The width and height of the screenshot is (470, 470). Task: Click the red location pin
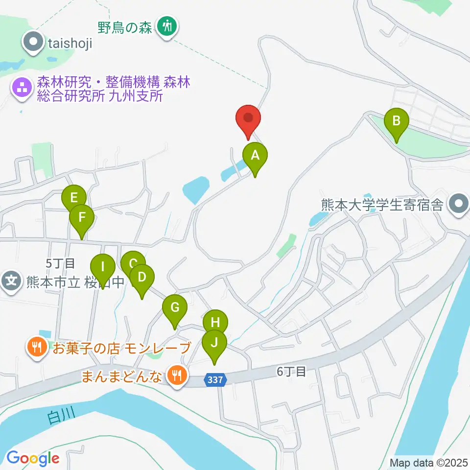(248, 119)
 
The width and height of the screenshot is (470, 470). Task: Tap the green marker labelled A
(255, 156)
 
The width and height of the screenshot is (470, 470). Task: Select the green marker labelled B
(397, 121)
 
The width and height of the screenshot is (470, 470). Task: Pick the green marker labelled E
(74, 198)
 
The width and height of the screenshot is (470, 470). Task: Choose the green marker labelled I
(103, 268)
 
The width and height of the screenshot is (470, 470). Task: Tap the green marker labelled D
(142, 278)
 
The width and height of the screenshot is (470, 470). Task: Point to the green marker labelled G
(175, 308)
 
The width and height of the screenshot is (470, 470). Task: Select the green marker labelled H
(215, 323)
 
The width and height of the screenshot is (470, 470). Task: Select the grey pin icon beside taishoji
(33, 42)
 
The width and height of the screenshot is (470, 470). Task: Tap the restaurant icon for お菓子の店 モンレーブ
(37, 348)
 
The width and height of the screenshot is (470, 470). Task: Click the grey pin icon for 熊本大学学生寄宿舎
(459, 204)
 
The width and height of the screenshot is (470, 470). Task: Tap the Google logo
(33, 458)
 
